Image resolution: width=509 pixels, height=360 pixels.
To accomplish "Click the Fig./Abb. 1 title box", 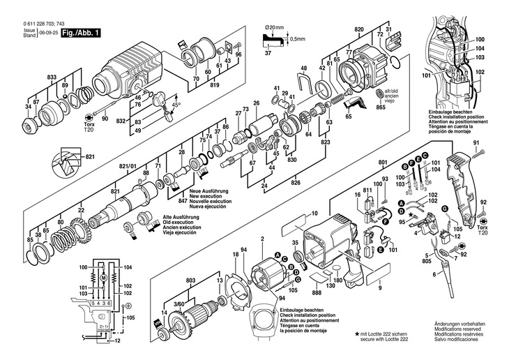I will tap(82, 32).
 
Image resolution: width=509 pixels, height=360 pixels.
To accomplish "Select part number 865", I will tap(380, 107).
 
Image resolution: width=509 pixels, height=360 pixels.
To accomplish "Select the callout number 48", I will tap(303, 68).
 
